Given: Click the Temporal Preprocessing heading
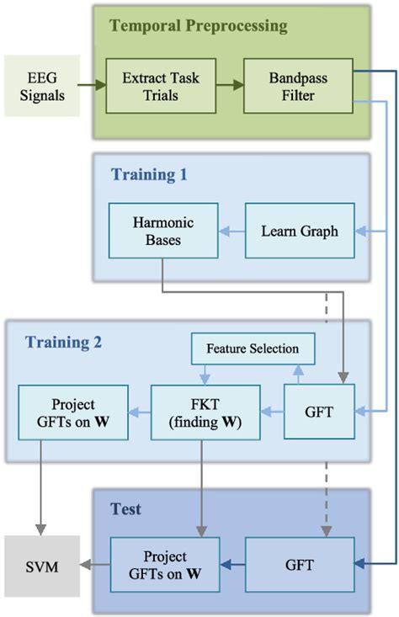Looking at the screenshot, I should click(x=198, y=25).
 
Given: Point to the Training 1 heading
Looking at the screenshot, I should click(x=148, y=175).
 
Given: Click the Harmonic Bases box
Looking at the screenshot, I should click(x=163, y=230).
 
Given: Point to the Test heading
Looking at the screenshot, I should click(x=125, y=509).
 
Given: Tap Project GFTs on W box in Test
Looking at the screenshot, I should click(x=164, y=565).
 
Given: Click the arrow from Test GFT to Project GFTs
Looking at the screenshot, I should click(x=232, y=565).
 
